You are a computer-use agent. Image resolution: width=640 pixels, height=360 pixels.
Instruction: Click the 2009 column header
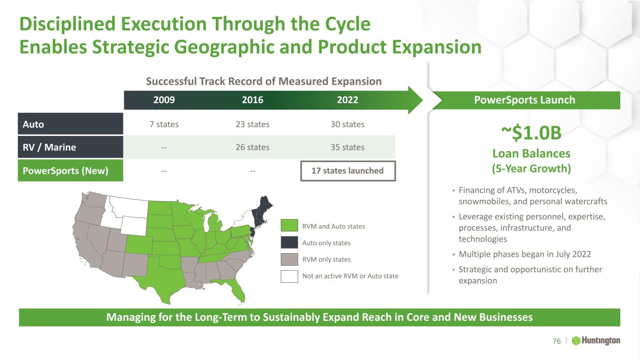click(164, 100)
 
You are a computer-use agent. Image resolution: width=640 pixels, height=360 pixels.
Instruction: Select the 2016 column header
click(253, 100)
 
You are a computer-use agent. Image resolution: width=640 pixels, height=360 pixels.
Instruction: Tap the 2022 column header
click(347, 100)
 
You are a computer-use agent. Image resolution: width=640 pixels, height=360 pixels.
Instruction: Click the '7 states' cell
click(164, 124)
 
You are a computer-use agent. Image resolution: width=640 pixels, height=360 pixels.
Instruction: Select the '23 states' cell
click(253, 124)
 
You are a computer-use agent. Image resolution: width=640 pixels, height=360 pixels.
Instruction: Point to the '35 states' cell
click(347, 147)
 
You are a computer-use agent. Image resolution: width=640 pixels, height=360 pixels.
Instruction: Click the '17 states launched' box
click(348, 171)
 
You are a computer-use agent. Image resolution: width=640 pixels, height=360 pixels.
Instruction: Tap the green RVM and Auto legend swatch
click(289, 225)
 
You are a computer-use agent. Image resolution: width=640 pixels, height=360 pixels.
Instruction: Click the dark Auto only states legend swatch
click(289, 242)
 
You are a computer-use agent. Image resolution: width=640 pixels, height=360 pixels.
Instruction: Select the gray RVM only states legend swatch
click(289, 259)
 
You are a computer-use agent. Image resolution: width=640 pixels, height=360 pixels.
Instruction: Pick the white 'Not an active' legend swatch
click(289, 276)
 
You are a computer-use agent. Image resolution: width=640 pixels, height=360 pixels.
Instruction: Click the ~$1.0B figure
click(531, 133)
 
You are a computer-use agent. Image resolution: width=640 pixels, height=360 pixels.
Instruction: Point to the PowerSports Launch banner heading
click(525, 100)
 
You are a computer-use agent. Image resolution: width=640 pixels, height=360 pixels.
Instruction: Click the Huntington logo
click(596, 341)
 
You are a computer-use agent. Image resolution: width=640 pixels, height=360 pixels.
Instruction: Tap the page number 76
click(557, 341)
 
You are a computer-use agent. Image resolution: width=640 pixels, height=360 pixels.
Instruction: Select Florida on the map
click(234, 289)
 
